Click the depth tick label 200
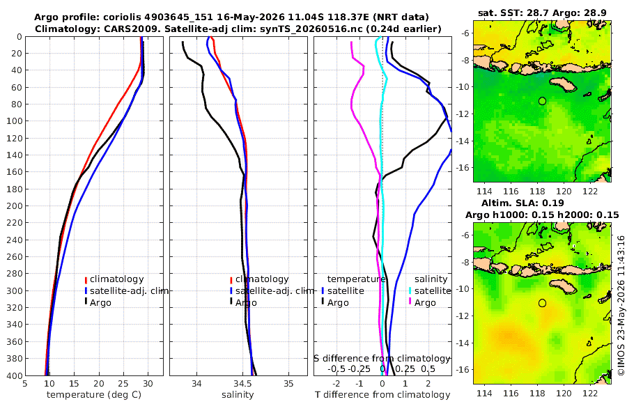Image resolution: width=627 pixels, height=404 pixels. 13,205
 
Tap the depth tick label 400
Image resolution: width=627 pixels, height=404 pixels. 13,375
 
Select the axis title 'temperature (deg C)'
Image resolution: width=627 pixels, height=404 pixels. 94,395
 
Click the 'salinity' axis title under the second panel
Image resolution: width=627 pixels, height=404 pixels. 238,395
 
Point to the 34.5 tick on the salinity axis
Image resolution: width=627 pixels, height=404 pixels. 242,384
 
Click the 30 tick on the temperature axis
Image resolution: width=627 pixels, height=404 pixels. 148,384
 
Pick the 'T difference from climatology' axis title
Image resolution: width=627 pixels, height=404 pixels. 382,395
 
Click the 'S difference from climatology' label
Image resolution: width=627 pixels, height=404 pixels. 382,359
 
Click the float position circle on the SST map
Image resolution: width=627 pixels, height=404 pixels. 542,101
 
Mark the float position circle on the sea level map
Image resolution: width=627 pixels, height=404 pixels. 542,303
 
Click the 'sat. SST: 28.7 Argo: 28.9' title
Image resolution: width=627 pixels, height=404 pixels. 542,13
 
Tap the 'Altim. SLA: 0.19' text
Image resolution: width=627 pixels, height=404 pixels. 522,203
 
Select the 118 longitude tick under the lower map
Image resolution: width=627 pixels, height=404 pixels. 537,393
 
